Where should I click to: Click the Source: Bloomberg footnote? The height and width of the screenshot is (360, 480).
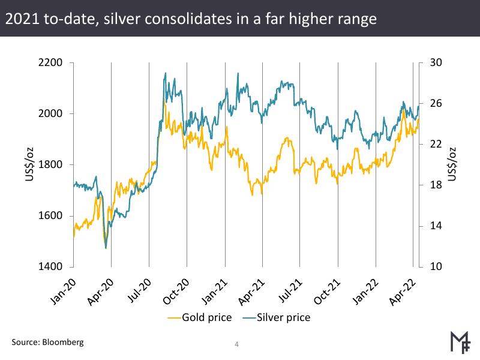[47, 343]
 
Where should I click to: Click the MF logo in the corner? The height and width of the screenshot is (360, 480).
[460, 340]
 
